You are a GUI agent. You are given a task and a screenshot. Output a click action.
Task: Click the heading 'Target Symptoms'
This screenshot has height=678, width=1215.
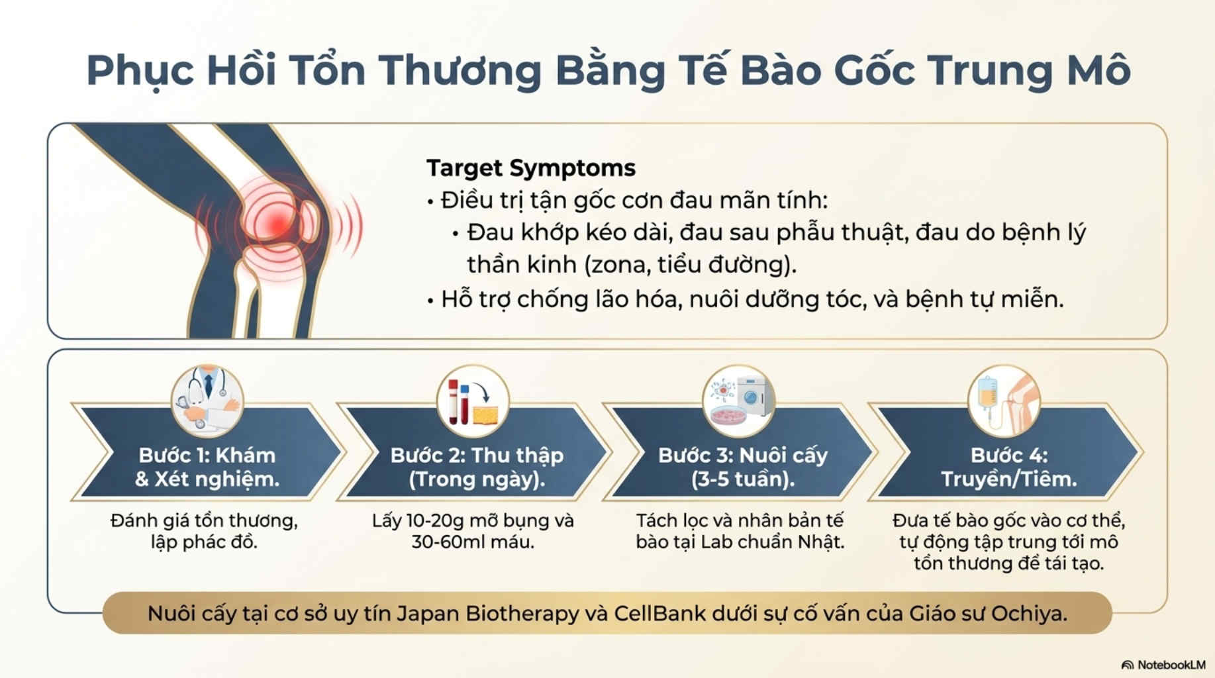pyautogui.click(x=530, y=168)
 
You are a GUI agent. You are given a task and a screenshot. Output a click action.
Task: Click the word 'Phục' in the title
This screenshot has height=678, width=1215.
pyautogui.click(x=140, y=71)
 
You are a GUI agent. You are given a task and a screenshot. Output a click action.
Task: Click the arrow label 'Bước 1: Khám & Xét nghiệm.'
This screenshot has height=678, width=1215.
pyautogui.click(x=207, y=467)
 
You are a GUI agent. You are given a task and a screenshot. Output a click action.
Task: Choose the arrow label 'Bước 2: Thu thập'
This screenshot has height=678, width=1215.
pyautogui.click(x=477, y=455)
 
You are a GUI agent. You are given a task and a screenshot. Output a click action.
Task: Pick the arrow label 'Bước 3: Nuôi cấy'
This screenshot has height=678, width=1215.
pyautogui.click(x=743, y=455)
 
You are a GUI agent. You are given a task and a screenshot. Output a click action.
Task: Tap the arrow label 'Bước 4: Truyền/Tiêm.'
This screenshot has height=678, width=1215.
pyautogui.click(x=1009, y=467)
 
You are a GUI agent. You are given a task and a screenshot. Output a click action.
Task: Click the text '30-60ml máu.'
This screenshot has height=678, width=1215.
pyautogui.click(x=473, y=542)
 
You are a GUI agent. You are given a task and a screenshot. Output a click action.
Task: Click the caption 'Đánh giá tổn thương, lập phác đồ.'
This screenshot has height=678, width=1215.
pyautogui.click(x=204, y=531)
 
